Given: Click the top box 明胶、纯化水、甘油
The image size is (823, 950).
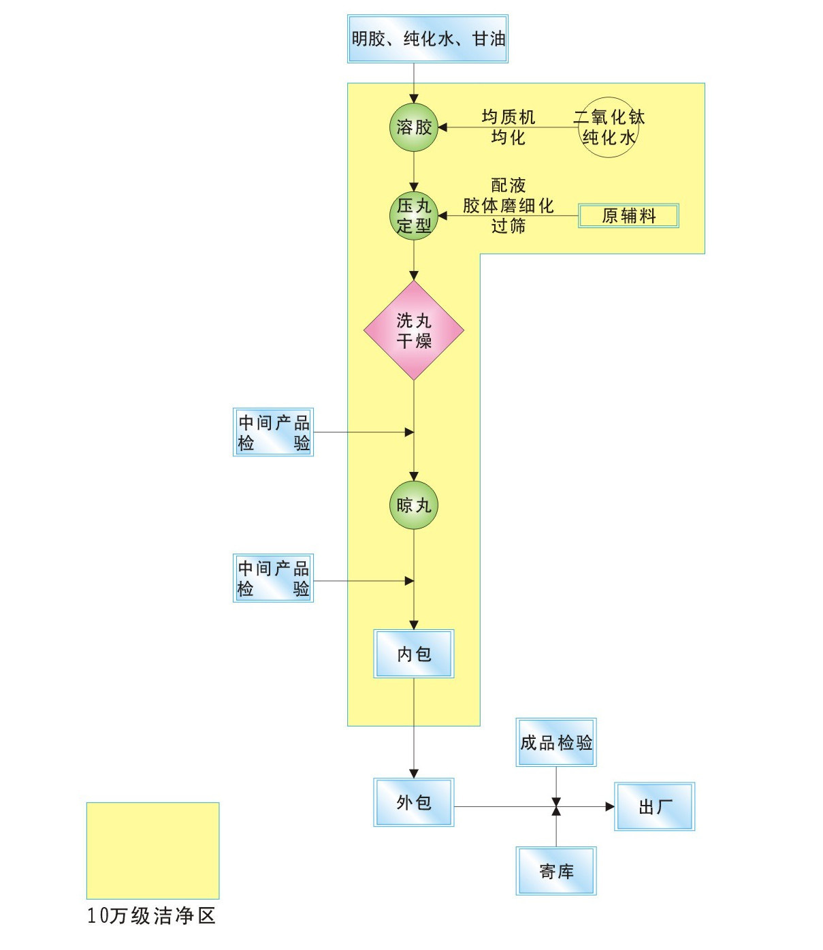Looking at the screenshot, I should (427, 39).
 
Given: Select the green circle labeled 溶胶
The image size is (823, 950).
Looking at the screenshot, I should (414, 127).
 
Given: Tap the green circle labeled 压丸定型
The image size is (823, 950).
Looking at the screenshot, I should (414, 216).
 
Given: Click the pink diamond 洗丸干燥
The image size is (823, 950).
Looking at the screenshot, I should (414, 330).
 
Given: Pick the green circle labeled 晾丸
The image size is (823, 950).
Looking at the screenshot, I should (414, 505).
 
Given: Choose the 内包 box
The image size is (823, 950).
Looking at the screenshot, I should (414, 654).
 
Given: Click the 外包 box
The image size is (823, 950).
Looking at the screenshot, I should (414, 802).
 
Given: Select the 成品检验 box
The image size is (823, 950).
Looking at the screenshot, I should (556, 742).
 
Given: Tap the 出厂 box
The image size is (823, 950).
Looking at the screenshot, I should (655, 806).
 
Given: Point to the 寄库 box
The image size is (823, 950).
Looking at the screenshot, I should (556, 871).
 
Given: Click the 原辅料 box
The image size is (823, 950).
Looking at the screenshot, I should (628, 216).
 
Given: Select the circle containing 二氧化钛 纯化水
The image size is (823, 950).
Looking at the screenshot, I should (609, 127).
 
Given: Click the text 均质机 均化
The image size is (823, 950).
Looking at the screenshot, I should (509, 127).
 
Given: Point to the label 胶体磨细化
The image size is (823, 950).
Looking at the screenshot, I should (509, 206).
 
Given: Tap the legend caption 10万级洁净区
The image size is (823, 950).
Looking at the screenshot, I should (151, 916).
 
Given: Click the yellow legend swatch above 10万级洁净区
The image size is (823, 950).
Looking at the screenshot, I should (152, 850).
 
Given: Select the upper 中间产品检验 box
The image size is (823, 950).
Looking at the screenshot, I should (273, 432).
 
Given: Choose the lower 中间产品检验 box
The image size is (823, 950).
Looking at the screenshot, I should (273, 578).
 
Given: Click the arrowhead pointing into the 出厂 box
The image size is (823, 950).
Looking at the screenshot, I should (610, 807).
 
